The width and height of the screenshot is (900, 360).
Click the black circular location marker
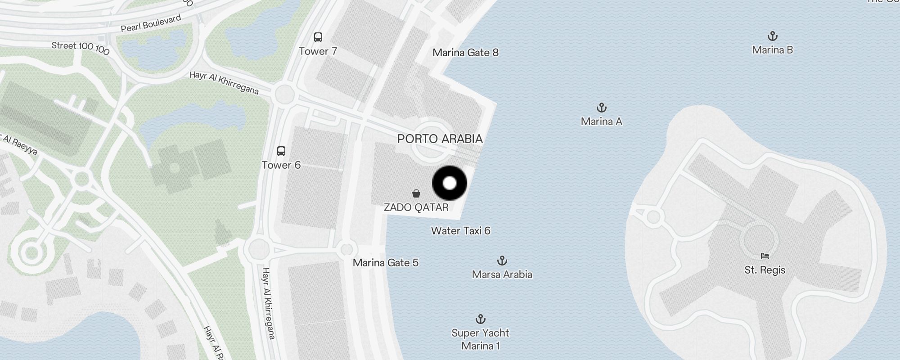point(450,183)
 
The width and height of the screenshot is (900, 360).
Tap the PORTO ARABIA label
point(440,139)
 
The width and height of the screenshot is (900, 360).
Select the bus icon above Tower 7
point(318,37)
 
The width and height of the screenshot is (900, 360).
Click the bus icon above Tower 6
point(281,151)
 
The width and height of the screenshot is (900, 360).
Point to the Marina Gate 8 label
point(465,53)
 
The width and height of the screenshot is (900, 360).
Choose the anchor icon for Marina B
point(772,36)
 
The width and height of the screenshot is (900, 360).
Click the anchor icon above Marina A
point(601,108)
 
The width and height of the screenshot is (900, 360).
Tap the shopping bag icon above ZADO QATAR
point(416,193)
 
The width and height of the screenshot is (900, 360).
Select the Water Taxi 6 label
point(460,231)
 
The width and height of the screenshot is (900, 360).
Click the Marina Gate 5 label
point(385,263)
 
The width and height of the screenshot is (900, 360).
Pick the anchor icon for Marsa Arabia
point(502,261)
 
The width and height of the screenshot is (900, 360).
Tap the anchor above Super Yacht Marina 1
point(481,319)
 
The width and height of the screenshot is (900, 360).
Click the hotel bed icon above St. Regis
point(765,256)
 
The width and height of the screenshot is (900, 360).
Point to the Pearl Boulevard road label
point(151,23)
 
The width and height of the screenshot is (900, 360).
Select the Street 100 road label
point(80,48)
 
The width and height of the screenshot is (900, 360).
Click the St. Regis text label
point(765,270)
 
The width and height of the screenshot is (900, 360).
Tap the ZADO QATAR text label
point(416,207)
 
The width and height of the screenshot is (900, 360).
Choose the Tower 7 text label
point(318,51)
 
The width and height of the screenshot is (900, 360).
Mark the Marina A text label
point(601,121)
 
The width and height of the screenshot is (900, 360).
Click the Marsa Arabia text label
point(502,274)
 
